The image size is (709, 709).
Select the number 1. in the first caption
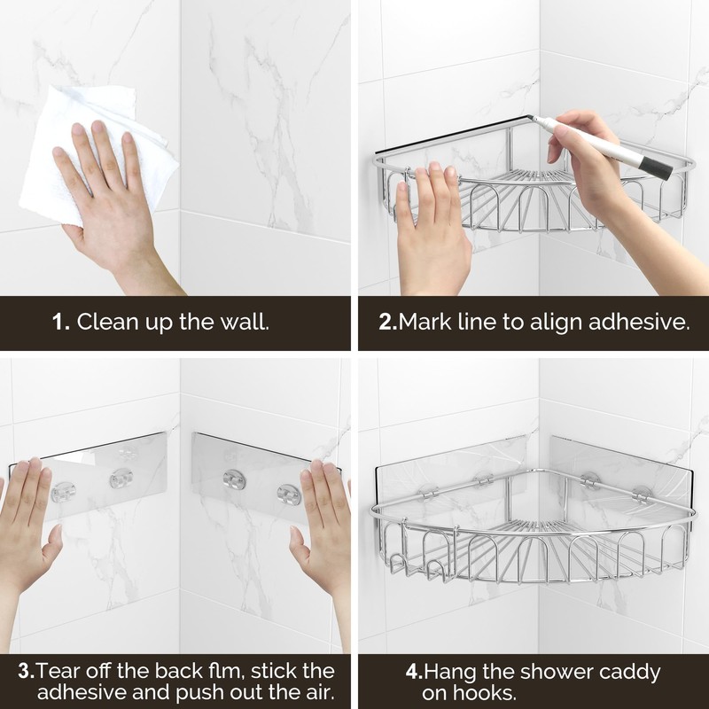(60, 321)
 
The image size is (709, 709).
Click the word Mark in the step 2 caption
(421, 321)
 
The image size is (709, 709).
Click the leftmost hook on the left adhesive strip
(65, 490)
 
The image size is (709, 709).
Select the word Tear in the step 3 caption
(52, 671)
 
